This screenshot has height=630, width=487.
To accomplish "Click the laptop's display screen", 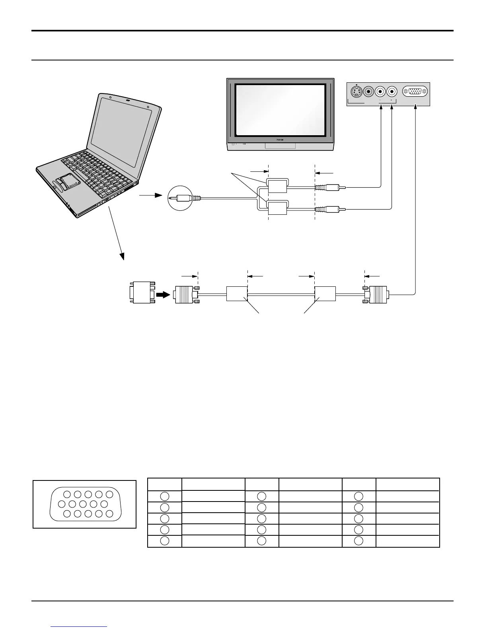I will pyautogui.click(x=121, y=131).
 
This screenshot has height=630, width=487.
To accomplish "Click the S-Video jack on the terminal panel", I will pyautogui.click(x=357, y=92).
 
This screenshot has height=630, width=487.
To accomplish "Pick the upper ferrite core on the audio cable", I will pyautogui.click(x=277, y=186).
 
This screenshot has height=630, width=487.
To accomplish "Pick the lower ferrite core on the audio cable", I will pyautogui.click(x=277, y=208).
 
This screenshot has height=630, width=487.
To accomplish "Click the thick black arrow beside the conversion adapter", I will pyautogui.click(x=164, y=295).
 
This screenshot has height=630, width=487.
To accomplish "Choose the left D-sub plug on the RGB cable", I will pyautogui.click(x=186, y=295).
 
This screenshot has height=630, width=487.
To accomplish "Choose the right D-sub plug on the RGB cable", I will pyautogui.click(x=377, y=295).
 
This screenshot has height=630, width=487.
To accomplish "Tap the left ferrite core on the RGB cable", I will pyautogui.click(x=237, y=295).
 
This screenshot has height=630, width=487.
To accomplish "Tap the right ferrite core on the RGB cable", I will pyautogui.click(x=325, y=295).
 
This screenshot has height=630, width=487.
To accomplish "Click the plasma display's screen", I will pyautogui.click(x=280, y=110).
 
